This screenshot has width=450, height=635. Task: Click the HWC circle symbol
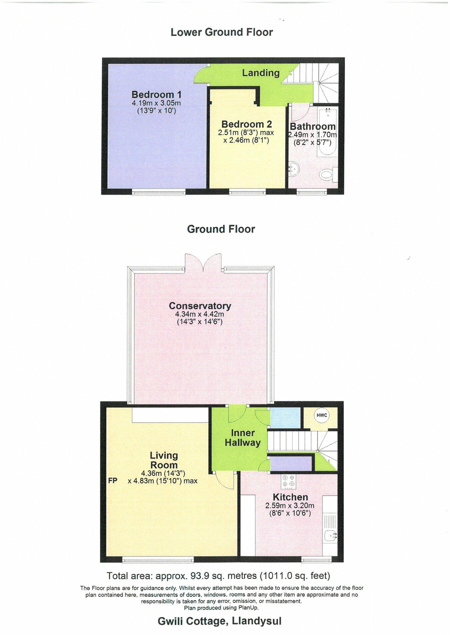point(322,416)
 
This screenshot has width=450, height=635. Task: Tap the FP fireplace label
point(113,481)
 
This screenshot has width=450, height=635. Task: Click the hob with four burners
point(288,481)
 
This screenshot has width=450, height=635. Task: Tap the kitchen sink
point(330,536)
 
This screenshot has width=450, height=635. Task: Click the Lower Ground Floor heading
point(222,32)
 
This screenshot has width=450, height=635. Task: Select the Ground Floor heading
point(221,229)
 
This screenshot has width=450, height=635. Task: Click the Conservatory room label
point(200,305)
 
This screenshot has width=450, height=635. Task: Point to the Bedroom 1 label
point(156,95)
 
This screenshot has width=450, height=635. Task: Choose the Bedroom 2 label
point(246,124)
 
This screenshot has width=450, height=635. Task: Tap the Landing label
point(261,73)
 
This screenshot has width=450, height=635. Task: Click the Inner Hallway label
point(243,438)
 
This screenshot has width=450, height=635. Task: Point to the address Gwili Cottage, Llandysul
point(219,621)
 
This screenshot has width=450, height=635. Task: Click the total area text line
point(218,576)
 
